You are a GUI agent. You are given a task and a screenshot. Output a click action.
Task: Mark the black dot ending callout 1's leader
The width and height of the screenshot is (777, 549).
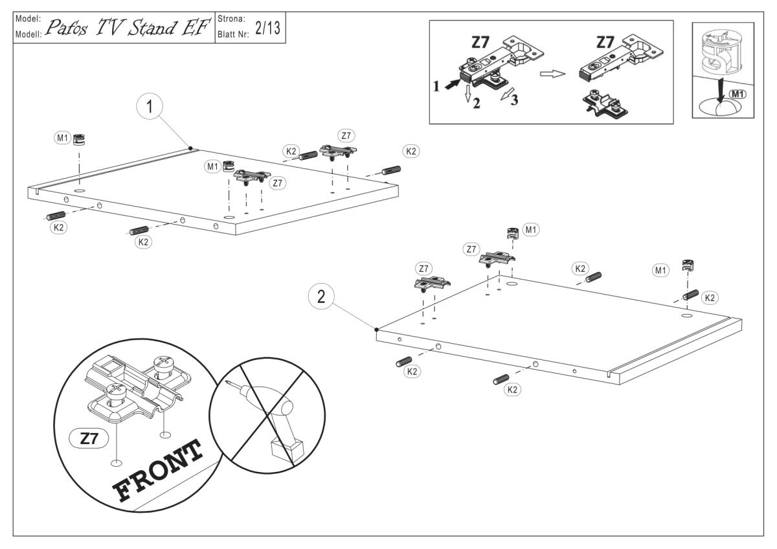(x=190, y=148)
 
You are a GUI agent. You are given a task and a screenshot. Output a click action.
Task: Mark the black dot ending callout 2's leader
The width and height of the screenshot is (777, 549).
(x=376, y=330)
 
